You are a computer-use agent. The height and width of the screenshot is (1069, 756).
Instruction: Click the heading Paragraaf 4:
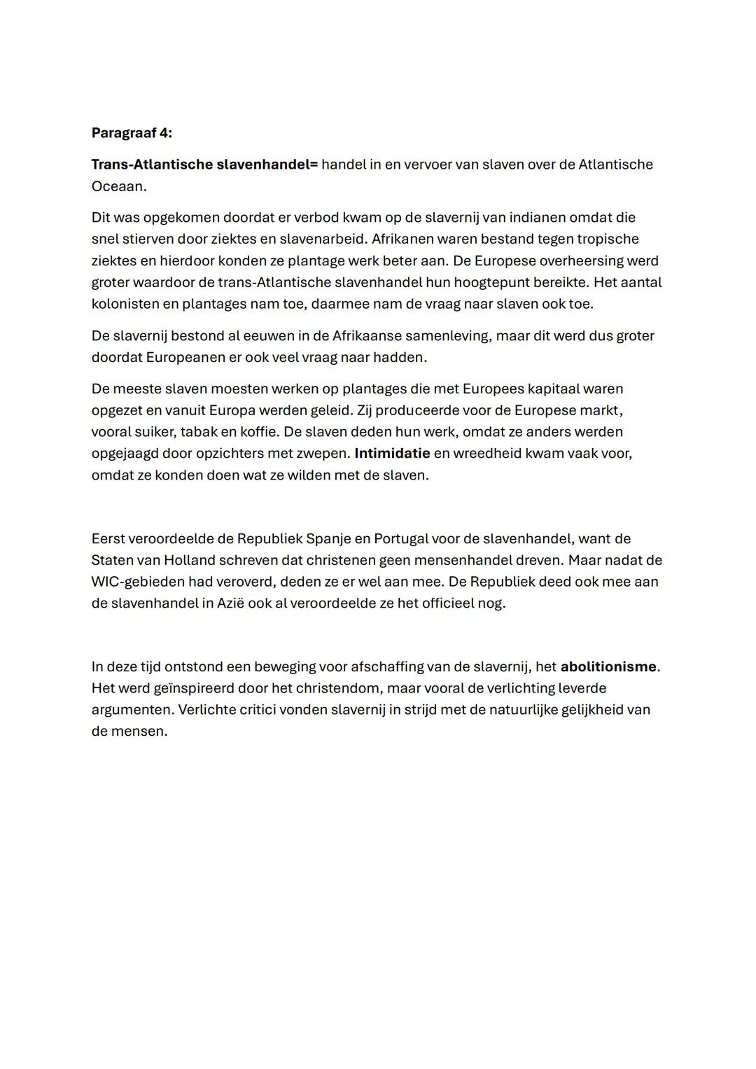(132, 133)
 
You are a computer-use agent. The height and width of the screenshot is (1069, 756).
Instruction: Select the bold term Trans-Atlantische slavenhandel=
(204, 165)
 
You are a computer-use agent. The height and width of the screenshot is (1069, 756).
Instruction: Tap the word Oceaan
(118, 186)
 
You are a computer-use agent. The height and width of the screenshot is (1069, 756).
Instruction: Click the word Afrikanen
(402, 239)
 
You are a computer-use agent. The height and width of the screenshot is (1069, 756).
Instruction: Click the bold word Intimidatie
(392, 454)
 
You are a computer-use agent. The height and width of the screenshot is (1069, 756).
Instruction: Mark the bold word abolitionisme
(608, 667)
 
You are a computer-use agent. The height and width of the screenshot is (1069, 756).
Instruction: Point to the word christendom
(335, 689)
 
